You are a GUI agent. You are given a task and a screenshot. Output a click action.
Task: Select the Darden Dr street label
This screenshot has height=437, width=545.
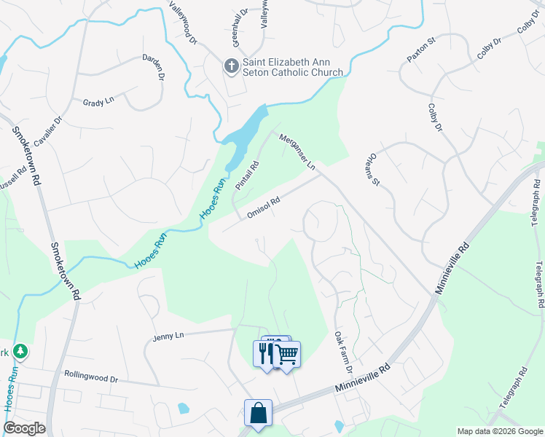[153, 67]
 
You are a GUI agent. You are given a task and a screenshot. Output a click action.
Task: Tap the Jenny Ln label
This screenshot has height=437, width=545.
[169, 336]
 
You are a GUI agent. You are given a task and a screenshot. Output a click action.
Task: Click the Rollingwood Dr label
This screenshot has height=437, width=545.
[91, 379]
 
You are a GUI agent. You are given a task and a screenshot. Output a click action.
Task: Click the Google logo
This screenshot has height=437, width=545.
[24, 428]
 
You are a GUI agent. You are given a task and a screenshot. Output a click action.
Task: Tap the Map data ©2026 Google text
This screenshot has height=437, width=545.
[499, 431]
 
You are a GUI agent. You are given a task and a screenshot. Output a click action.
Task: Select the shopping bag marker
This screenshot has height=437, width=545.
[258, 413]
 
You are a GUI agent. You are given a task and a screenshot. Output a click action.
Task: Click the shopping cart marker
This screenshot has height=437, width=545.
[288, 355]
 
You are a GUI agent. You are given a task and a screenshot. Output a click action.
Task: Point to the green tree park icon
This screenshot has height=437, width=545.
[21, 352]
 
